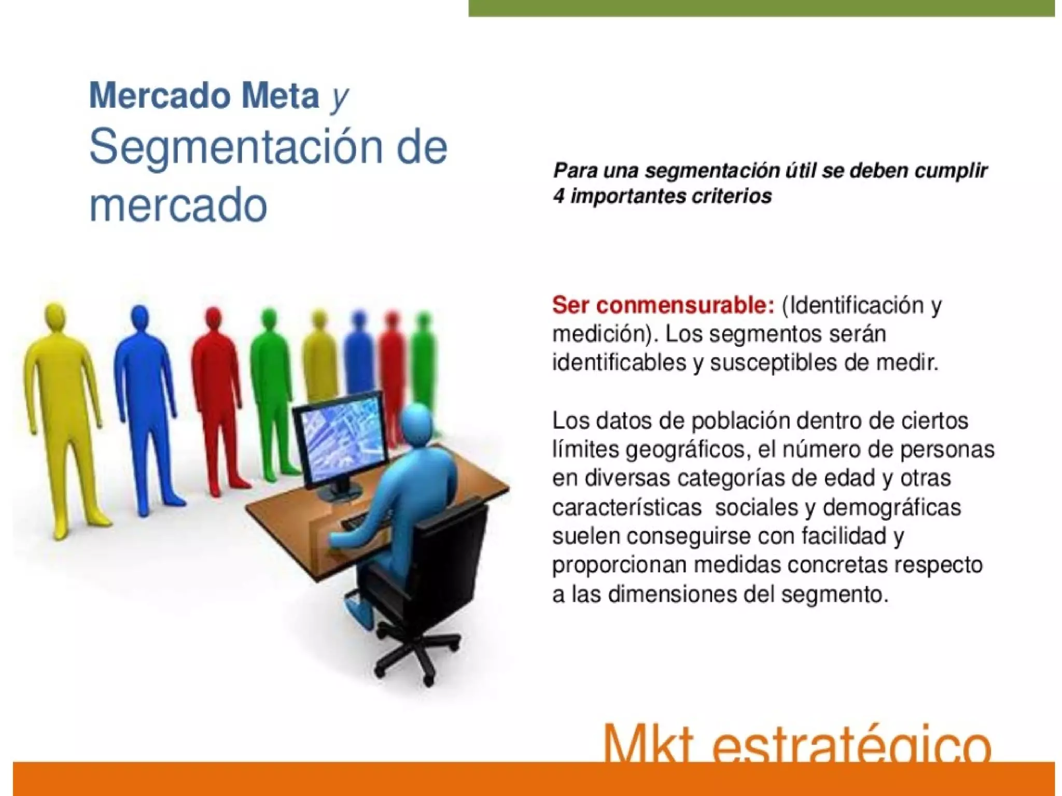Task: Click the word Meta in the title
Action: [x=280, y=96]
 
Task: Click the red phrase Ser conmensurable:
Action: [x=663, y=305]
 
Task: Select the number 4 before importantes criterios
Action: [x=558, y=196]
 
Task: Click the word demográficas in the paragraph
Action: [x=891, y=507]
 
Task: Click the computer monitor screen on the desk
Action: [x=341, y=438]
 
